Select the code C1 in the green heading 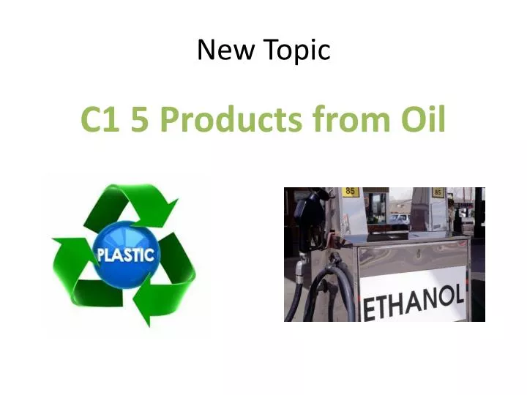(x=101, y=120)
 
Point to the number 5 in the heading (x=141, y=120)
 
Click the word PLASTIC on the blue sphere (x=126, y=255)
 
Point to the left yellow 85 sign (x=351, y=192)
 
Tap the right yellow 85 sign (x=438, y=192)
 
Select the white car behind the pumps (x=400, y=218)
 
